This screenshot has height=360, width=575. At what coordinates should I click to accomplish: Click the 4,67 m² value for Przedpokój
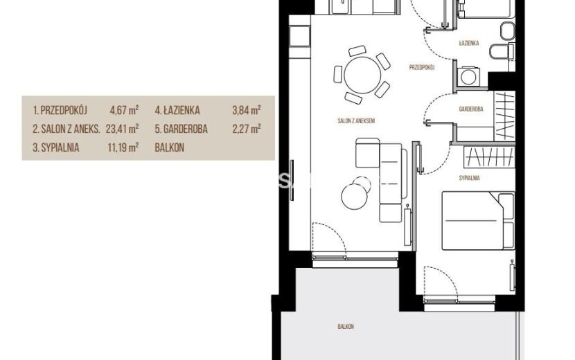tap(124, 110)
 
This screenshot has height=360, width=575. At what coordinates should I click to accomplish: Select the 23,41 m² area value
tap(122, 129)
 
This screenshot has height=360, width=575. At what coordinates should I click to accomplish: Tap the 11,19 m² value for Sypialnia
tap(123, 147)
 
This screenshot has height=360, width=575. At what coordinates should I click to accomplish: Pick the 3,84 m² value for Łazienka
tap(247, 110)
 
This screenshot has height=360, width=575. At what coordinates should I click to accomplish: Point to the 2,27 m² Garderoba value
tap(247, 129)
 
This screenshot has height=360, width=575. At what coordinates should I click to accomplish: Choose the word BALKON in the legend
tap(170, 147)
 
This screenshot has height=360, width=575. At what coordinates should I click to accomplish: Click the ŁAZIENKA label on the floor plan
tap(468, 43)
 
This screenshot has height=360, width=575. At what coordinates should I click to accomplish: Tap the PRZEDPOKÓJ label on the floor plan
tap(422, 67)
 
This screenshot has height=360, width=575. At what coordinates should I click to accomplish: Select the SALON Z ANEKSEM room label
tap(356, 120)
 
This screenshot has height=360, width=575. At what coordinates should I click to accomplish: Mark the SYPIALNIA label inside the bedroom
tap(469, 178)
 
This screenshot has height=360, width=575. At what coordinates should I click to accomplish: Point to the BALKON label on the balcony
tap(346, 326)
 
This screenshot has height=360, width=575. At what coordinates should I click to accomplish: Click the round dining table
tap(362, 75)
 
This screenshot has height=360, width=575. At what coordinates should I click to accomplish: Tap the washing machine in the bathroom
tap(468, 77)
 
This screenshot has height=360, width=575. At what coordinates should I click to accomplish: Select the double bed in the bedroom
tap(478, 221)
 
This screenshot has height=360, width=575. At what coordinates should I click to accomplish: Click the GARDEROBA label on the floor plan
tap(471, 109)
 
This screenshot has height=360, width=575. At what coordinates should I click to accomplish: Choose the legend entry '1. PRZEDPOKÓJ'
tap(60, 110)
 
